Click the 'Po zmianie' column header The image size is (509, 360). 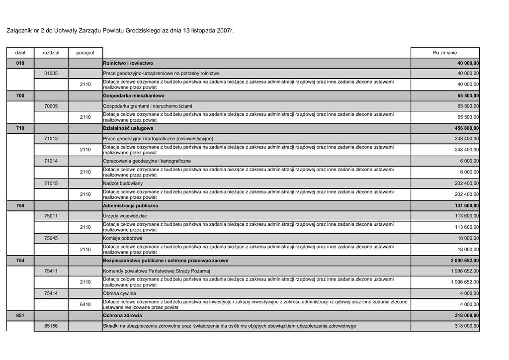tap(445, 53)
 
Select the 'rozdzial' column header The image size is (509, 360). tap(51, 53)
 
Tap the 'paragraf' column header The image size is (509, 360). tap(85, 53)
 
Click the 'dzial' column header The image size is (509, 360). tap(20, 53)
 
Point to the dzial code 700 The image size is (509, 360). tap(20, 95)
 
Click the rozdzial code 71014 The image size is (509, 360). tap(51, 161)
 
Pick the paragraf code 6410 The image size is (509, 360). tap(85, 304)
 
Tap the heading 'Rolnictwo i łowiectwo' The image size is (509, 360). tap(128, 63)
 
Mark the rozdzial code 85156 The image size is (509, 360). tap(51, 326)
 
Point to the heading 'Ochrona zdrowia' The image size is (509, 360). tap(122, 315)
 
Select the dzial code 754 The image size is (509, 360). tap(20, 261)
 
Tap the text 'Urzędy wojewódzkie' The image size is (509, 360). tap(125, 216)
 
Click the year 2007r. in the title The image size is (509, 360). tap(222, 31)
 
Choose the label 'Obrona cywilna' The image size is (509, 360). tap(119, 293)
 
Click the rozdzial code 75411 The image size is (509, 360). tap(51, 271)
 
